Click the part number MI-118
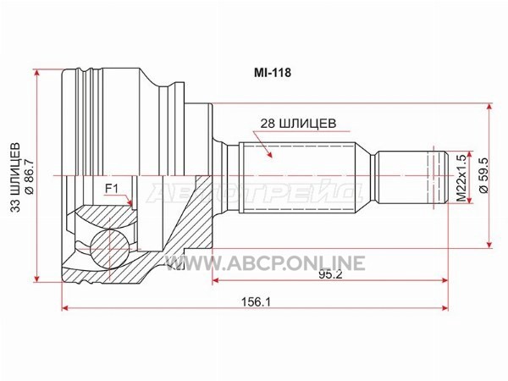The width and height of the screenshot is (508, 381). point(273,73)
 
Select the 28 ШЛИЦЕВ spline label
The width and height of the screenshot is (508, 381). point(298,123)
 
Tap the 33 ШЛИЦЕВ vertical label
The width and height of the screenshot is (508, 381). point(15,177)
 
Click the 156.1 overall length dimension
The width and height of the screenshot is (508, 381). point(256,302)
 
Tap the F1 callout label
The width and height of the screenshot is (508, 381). point(111,189)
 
